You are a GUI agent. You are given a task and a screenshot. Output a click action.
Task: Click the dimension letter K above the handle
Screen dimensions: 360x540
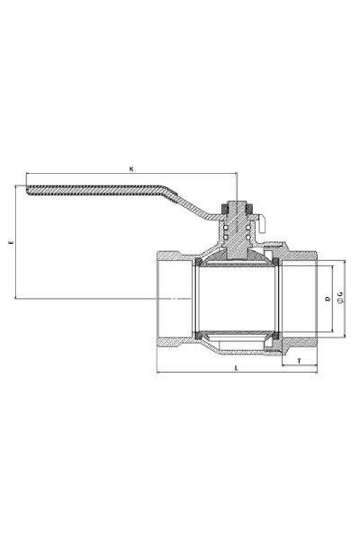click(x=131, y=169)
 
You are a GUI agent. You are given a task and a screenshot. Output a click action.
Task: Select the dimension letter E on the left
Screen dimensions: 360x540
click(x=11, y=242)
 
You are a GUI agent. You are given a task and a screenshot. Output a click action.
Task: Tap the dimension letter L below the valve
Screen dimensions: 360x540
click(x=236, y=368)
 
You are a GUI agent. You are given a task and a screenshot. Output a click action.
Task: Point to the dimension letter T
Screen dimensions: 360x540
click(x=299, y=361)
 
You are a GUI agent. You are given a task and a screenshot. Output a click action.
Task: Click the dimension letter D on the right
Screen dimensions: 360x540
click(x=328, y=298)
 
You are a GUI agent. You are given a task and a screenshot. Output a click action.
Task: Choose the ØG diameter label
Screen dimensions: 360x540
click(x=340, y=298)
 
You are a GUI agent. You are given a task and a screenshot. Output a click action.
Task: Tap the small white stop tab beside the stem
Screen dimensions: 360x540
click(x=262, y=225)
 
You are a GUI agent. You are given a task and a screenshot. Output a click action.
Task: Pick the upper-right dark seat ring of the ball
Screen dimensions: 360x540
click(x=276, y=262)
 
